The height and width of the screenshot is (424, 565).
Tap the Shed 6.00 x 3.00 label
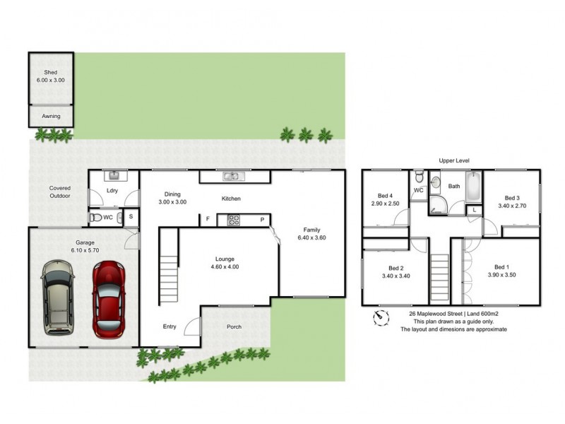[x=50, y=76]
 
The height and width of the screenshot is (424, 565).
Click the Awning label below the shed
[x=50, y=116]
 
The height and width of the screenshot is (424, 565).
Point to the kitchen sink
[x=232, y=176]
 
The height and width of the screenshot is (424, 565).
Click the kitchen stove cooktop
[x=234, y=220]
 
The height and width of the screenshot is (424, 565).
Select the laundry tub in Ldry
[x=113, y=176]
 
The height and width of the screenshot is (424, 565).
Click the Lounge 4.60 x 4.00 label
[x=225, y=263]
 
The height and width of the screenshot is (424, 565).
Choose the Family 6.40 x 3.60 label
[x=311, y=234]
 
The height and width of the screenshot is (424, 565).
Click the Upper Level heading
[x=453, y=160]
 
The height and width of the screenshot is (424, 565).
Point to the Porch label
[x=234, y=327]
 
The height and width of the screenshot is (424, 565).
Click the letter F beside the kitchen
[x=208, y=220]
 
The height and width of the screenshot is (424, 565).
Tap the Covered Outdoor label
[x=59, y=192]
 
